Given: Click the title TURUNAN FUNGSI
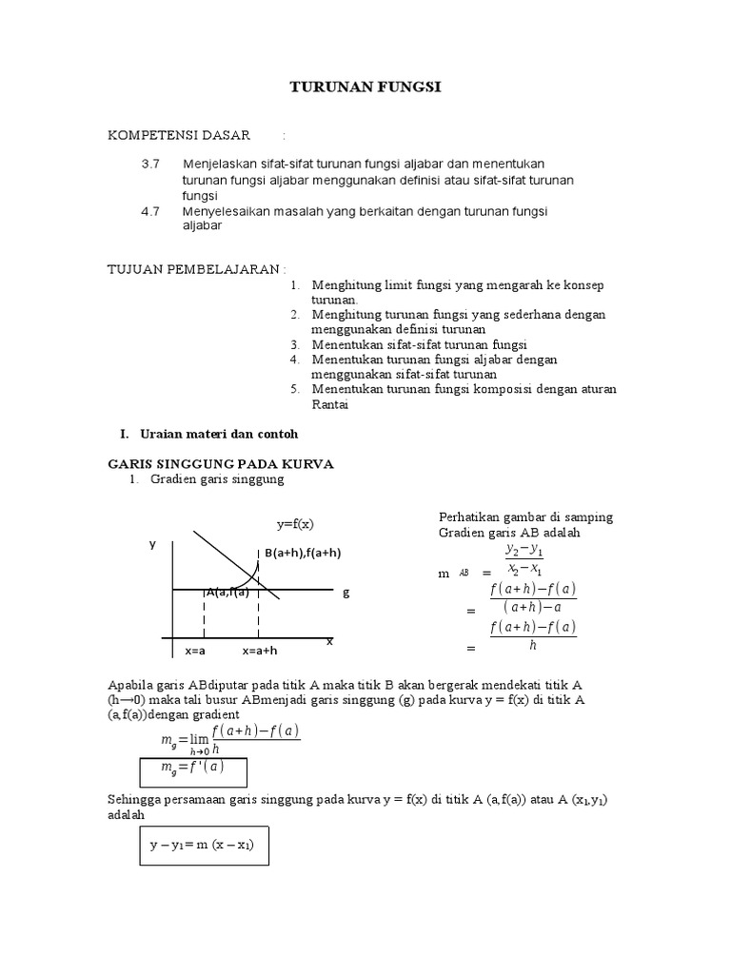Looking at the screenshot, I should (x=365, y=88).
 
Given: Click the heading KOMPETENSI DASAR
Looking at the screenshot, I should (x=178, y=136).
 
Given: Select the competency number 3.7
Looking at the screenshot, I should (x=150, y=164).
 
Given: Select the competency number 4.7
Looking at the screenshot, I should (x=150, y=211).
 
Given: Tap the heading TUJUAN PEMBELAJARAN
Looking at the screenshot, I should (x=195, y=270).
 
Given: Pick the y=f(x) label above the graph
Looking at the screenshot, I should (x=296, y=525).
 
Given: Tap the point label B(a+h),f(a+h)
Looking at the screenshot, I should (x=303, y=553).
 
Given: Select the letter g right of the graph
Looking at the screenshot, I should (x=346, y=592).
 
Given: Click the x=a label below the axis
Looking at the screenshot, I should (x=195, y=652).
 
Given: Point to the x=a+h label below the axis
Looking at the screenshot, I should (x=259, y=652).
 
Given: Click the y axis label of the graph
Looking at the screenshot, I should (x=151, y=544).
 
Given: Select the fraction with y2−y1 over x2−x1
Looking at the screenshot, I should (x=524, y=560).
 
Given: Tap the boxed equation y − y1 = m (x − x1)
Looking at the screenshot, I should (x=208, y=845).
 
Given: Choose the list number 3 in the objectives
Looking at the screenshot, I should (x=295, y=344).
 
